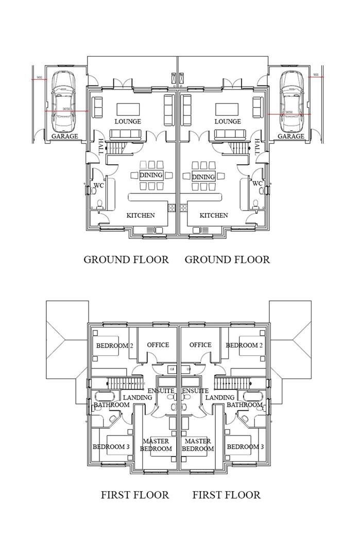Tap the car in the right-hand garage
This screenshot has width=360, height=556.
coord(292,101)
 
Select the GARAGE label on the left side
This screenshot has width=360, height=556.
coord(65,136)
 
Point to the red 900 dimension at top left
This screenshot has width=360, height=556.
coord(39,79)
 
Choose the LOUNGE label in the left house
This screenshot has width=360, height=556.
coord(128,121)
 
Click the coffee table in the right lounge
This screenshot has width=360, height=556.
coord(227,109)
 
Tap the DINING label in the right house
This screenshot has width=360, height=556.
coord(203,177)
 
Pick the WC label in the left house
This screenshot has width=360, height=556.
coord(99,184)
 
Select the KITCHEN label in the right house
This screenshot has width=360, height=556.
coord(214,215)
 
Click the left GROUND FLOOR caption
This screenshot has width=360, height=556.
coord(126,259)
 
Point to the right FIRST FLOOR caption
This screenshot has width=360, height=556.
coord(227,495)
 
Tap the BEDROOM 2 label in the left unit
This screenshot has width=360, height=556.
coord(115,345)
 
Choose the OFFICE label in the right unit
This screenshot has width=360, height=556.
coord(200,345)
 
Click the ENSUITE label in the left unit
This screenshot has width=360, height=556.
coord(161,391)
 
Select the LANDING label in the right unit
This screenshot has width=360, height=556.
coord(220,397)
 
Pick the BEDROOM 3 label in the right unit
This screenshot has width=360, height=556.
coord(245,447)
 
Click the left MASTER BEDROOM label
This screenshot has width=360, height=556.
coord(156,445)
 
